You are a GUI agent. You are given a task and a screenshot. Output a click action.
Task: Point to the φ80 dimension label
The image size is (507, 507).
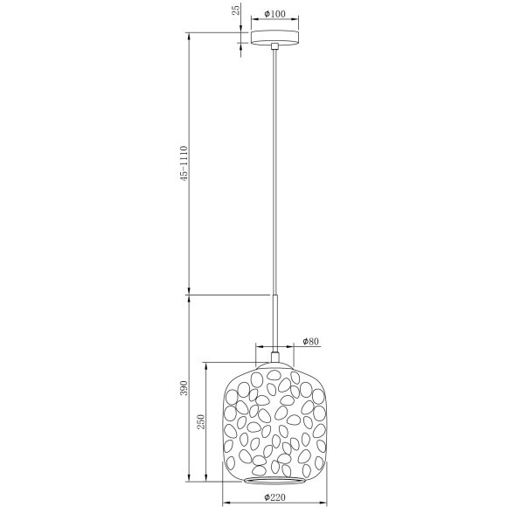[309, 341]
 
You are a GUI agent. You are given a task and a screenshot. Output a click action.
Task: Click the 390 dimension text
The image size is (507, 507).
[181, 389]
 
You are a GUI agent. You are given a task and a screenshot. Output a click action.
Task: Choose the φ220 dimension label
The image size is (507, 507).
[275, 498]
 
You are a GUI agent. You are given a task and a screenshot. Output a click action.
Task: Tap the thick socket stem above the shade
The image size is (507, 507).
[275, 323]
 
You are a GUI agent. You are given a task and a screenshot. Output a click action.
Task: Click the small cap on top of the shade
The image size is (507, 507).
[275, 356]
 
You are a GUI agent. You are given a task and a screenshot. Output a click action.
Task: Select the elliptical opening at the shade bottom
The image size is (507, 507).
[275, 478]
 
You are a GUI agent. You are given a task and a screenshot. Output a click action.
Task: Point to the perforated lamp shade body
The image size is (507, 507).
[275, 420]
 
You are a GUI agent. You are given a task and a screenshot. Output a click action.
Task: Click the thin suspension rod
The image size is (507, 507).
[275, 175]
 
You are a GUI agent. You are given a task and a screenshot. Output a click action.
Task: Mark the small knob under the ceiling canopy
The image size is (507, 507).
[275, 47]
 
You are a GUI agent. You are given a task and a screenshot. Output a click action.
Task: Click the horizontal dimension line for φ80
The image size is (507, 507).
[275, 348]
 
